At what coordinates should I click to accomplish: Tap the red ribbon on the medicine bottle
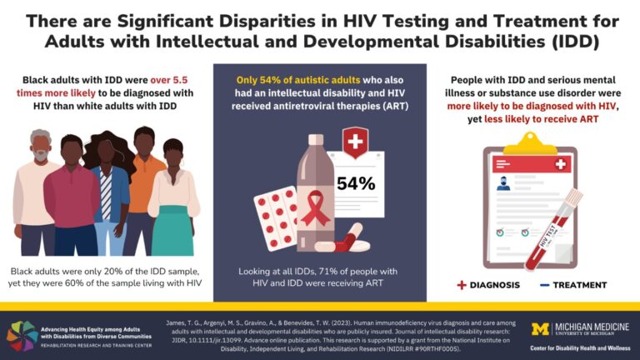315,208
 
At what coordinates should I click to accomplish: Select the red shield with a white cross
356,141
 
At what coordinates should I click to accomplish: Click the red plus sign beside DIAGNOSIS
462,284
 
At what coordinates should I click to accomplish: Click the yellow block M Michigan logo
539,329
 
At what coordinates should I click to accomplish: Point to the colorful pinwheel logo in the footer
22,335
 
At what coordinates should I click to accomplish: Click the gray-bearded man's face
39,148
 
